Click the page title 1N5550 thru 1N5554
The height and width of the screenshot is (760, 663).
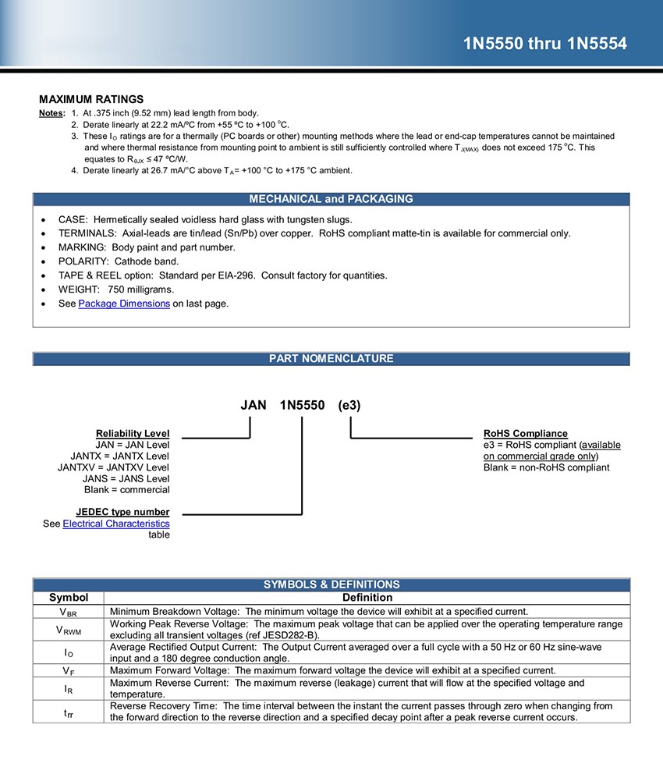(544, 44)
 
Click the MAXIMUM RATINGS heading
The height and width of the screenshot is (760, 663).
(91, 99)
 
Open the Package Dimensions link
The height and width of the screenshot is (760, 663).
(124, 304)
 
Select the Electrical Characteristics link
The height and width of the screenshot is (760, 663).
(116, 524)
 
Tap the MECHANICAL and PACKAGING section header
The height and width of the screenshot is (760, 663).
(331, 199)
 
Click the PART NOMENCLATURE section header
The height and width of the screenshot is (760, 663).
(331, 359)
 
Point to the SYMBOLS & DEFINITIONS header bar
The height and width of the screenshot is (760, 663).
(331, 584)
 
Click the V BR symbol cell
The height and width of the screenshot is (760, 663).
(69, 612)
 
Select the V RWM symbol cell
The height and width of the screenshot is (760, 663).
(69, 630)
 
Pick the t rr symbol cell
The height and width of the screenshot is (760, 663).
(69, 712)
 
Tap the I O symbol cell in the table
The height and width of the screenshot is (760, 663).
(69, 652)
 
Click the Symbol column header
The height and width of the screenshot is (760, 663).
(69, 598)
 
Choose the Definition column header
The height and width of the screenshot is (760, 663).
(367, 598)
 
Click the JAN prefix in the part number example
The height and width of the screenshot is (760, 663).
(253, 406)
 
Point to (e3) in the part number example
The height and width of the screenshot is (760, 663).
(349, 406)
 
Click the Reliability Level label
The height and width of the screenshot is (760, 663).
(133, 434)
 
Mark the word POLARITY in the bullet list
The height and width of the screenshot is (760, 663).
(82, 261)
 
